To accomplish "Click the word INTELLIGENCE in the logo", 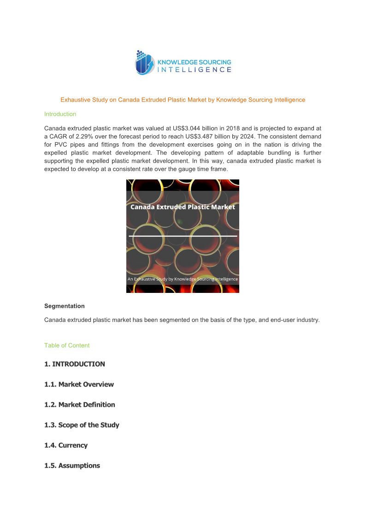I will (x=195, y=70).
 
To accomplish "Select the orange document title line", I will (x=183, y=100).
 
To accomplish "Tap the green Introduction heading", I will (x=60, y=114).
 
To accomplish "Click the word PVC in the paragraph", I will (x=62, y=144).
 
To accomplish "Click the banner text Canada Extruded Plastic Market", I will (x=183, y=207).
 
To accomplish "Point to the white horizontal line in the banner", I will (x=183, y=236).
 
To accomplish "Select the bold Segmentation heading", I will (x=65, y=306).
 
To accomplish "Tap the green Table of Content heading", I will (x=67, y=345).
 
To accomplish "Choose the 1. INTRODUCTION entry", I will (x=75, y=364).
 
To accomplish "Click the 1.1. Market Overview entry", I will (x=79, y=384).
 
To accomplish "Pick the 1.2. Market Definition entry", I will (x=80, y=405).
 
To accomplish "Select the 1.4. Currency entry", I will (x=66, y=445).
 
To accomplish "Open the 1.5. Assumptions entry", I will (x=72, y=465).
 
